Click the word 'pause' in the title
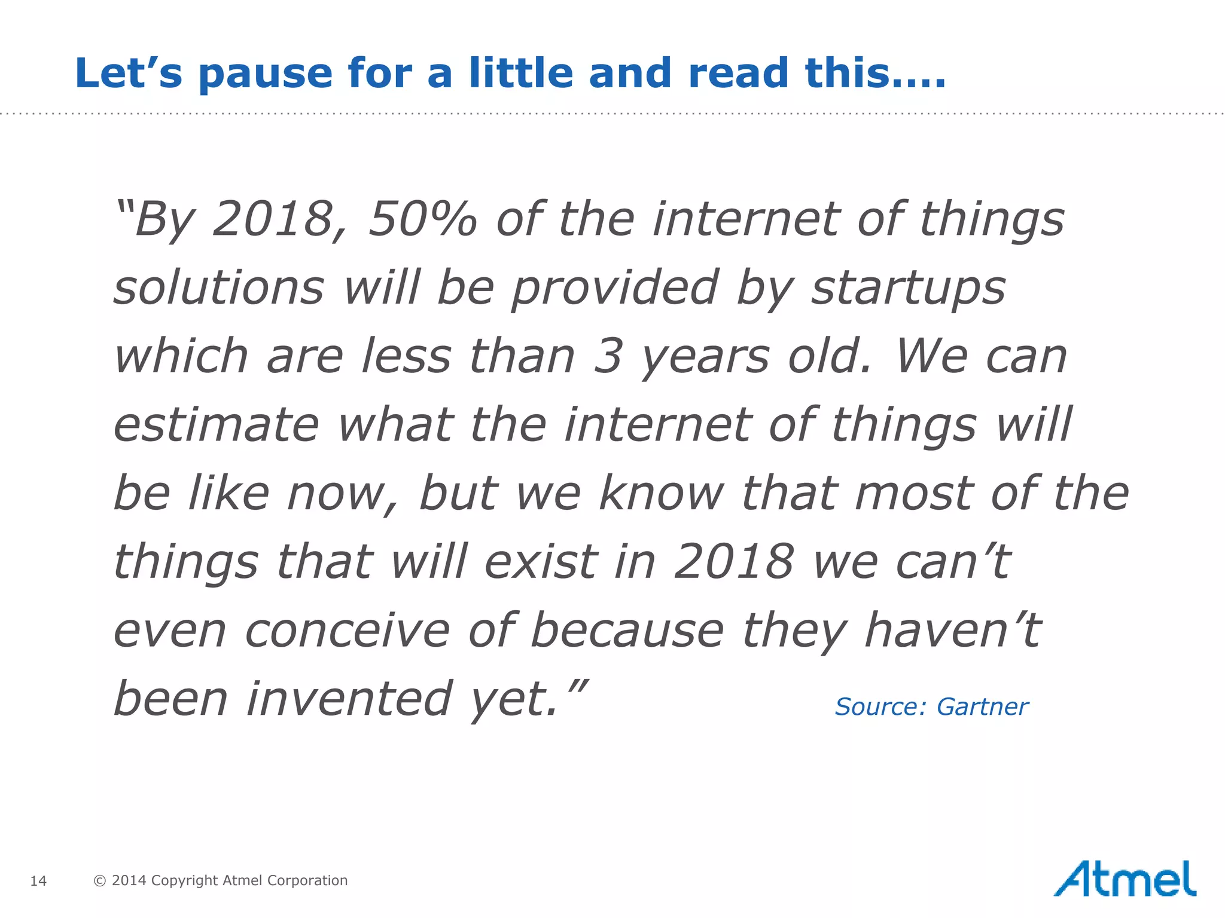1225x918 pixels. [264, 74]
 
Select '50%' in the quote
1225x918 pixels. [422, 219]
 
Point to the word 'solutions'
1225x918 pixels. [219, 288]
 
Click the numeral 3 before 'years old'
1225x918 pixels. [608, 357]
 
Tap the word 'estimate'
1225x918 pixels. [217, 426]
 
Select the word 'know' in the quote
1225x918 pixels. [661, 494]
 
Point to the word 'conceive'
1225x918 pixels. [348, 631]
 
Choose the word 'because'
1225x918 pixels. [627, 631]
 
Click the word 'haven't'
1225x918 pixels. [952, 630]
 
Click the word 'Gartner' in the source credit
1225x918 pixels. [982, 707]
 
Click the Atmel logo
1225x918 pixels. [1125, 879]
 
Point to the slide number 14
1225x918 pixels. [38, 881]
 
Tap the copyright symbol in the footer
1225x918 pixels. [100, 881]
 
